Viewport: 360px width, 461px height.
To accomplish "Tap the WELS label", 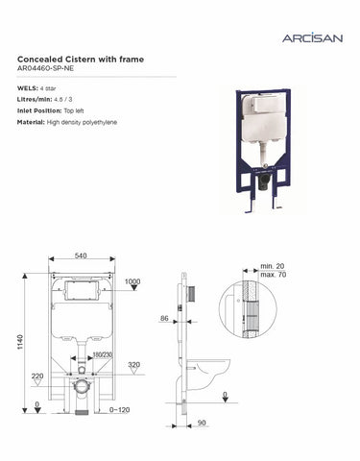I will (x=29, y=88).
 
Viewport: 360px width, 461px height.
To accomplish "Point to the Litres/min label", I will (x=36, y=100).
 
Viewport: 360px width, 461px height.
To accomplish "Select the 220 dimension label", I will (x=37, y=376).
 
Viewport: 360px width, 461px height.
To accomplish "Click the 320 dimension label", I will (x=133, y=366).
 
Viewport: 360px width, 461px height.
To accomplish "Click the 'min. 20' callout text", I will (x=272, y=264).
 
